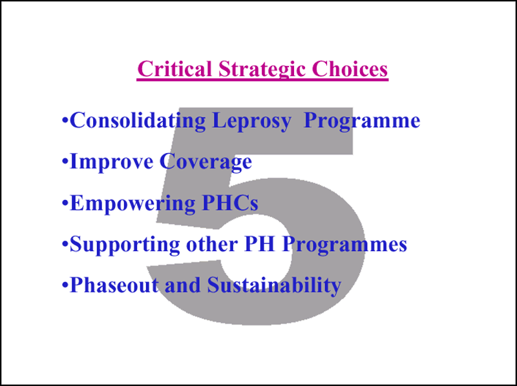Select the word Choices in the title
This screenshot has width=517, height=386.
click(350, 69)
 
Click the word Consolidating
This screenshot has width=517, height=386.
click(138, 120)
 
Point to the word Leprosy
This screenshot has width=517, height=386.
click(251, 121)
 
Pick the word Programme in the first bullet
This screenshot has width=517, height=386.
click(362, 121)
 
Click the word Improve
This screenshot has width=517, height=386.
click(112, 162)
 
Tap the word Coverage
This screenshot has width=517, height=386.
click(206, 162)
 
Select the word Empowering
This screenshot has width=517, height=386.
click(132, 203)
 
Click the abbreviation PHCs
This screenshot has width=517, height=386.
click(230, 203)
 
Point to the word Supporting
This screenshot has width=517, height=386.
click(125, 245)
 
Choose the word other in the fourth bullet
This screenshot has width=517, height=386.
click(212, 244)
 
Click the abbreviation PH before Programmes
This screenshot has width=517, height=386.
click(260, 244)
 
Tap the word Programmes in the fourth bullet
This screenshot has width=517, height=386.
click(344, 245)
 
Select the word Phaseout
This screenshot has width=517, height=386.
click(114, 285)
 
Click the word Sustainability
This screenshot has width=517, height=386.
click(274, 285)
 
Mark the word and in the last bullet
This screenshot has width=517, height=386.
click(183, 285)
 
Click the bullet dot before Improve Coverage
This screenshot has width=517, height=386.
click(66, 162)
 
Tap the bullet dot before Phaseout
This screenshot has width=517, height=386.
click(66, 285)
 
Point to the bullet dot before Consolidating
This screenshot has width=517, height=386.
click(66, 120)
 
